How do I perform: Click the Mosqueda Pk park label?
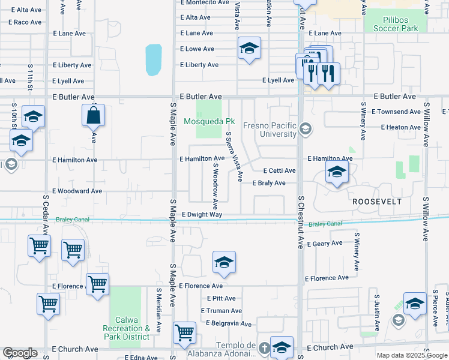[209, 121]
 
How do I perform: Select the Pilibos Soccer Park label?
[395, 24]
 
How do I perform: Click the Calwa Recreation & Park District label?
[127, 328]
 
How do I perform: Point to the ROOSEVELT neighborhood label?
[376, 202]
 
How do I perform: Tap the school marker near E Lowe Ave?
[249, 50]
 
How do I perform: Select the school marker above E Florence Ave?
[224, 263]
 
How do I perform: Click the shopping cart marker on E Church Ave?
[184, 333]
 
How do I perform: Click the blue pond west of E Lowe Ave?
[154, 61]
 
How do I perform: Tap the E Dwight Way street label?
[201, 214]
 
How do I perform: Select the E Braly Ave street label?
[268, 183]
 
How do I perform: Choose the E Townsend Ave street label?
[396, 112]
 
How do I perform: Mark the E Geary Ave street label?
[324, 244]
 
